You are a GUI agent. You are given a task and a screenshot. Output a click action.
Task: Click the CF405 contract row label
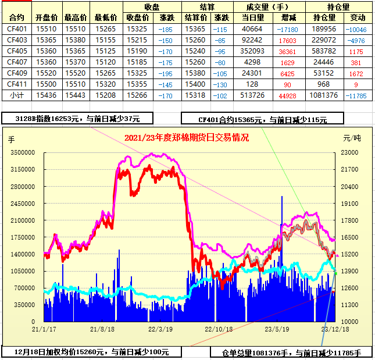coord(17,51)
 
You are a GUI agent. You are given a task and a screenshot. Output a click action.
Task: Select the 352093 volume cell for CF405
coord(252,51)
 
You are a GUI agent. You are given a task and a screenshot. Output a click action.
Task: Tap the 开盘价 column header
coord(47,17)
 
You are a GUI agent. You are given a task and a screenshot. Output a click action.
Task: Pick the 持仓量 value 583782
coord(324,51)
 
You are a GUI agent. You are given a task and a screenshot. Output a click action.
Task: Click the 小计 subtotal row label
coord(17,95)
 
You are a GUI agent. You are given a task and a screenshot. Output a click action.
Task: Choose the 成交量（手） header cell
coord(270,7)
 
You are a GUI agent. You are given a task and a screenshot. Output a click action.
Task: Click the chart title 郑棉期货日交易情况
coord(187,138)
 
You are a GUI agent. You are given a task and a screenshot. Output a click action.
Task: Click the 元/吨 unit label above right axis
coord(351,138)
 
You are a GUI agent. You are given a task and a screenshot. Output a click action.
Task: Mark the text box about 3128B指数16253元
coord(78,118)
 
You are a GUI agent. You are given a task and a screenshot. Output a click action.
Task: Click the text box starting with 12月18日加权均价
coord(91,351)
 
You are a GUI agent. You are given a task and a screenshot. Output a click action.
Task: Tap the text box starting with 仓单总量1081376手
coord(291,352)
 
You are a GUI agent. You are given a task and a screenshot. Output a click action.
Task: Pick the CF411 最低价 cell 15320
coord(105,84)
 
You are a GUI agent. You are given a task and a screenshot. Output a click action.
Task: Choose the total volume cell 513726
coord(252,95)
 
